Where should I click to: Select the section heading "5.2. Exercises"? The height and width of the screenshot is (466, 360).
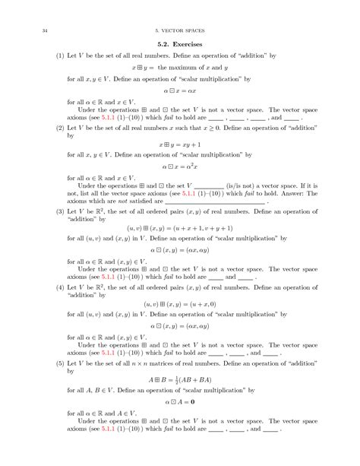(x=179, y=45)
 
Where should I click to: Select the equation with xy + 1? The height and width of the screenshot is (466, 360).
(x=179, y=143)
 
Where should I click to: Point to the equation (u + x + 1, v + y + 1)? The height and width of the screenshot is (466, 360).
(x=179, y=227)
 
